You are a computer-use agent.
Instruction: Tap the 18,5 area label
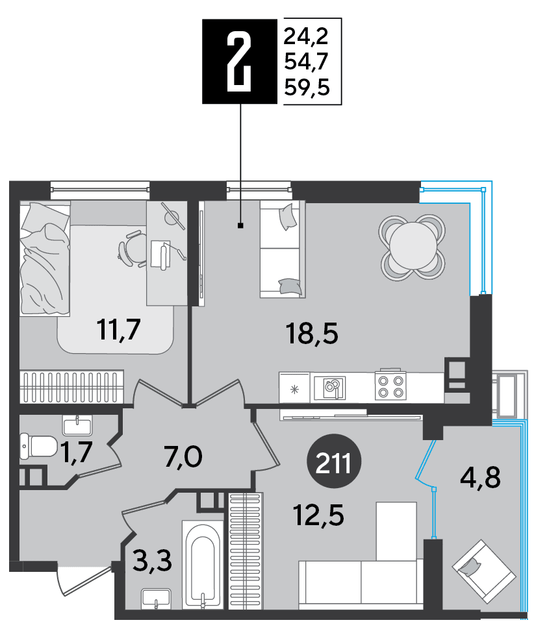tap(312, 334)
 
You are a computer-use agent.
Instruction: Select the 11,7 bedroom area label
tap(119, 329)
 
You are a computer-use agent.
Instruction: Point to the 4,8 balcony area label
tap(480, 477)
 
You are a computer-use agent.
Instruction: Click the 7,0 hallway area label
tap(183, 458)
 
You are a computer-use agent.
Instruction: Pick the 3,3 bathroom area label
tap(152, 560)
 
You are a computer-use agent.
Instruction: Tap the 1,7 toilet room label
tap(77, 452)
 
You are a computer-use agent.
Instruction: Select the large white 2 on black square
tap(239, 62)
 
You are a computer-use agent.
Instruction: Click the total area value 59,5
tap(307, 87)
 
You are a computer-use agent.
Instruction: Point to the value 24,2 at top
tap(306, 37)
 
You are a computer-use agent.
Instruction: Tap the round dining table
tap(413, 247)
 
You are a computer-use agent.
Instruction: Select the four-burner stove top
tap(390, 386)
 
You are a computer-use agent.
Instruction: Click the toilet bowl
tap(38, 446)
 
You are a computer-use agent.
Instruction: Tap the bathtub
tap(202, 566)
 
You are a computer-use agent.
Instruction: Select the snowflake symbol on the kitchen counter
tap(295, 389)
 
